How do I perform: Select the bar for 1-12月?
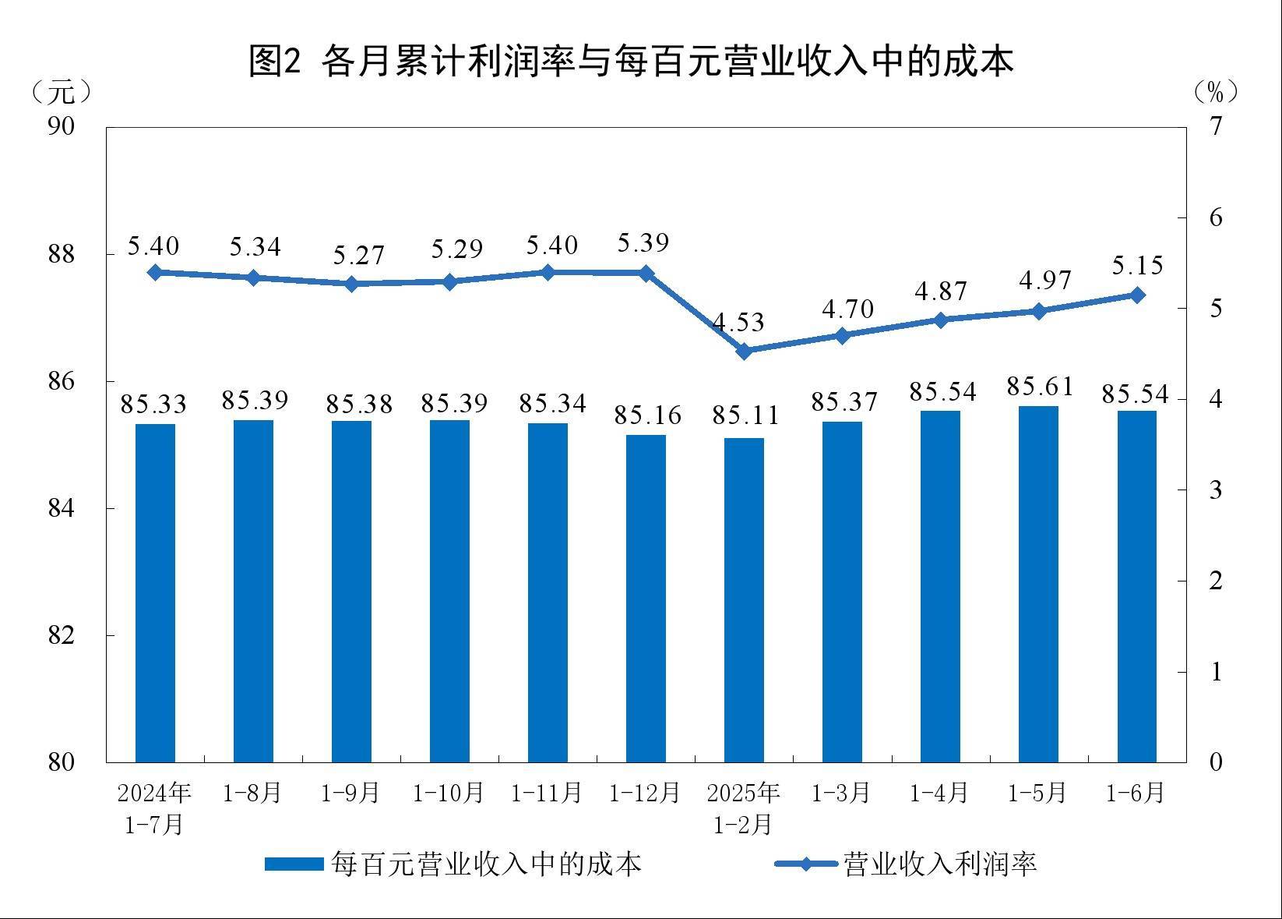646,598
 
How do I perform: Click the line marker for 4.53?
744,351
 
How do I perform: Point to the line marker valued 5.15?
1137,295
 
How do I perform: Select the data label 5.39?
643,242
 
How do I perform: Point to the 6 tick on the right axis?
1216,217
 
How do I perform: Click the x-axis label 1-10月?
449,794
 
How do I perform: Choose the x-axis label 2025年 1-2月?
744,808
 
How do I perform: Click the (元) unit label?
62,93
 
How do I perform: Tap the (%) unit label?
1216,93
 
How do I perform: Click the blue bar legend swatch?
294,864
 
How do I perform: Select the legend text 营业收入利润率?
940,864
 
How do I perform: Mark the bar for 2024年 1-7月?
155,592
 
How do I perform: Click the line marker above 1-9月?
351,284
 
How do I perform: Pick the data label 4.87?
940,291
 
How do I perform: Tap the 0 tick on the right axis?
1216,762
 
